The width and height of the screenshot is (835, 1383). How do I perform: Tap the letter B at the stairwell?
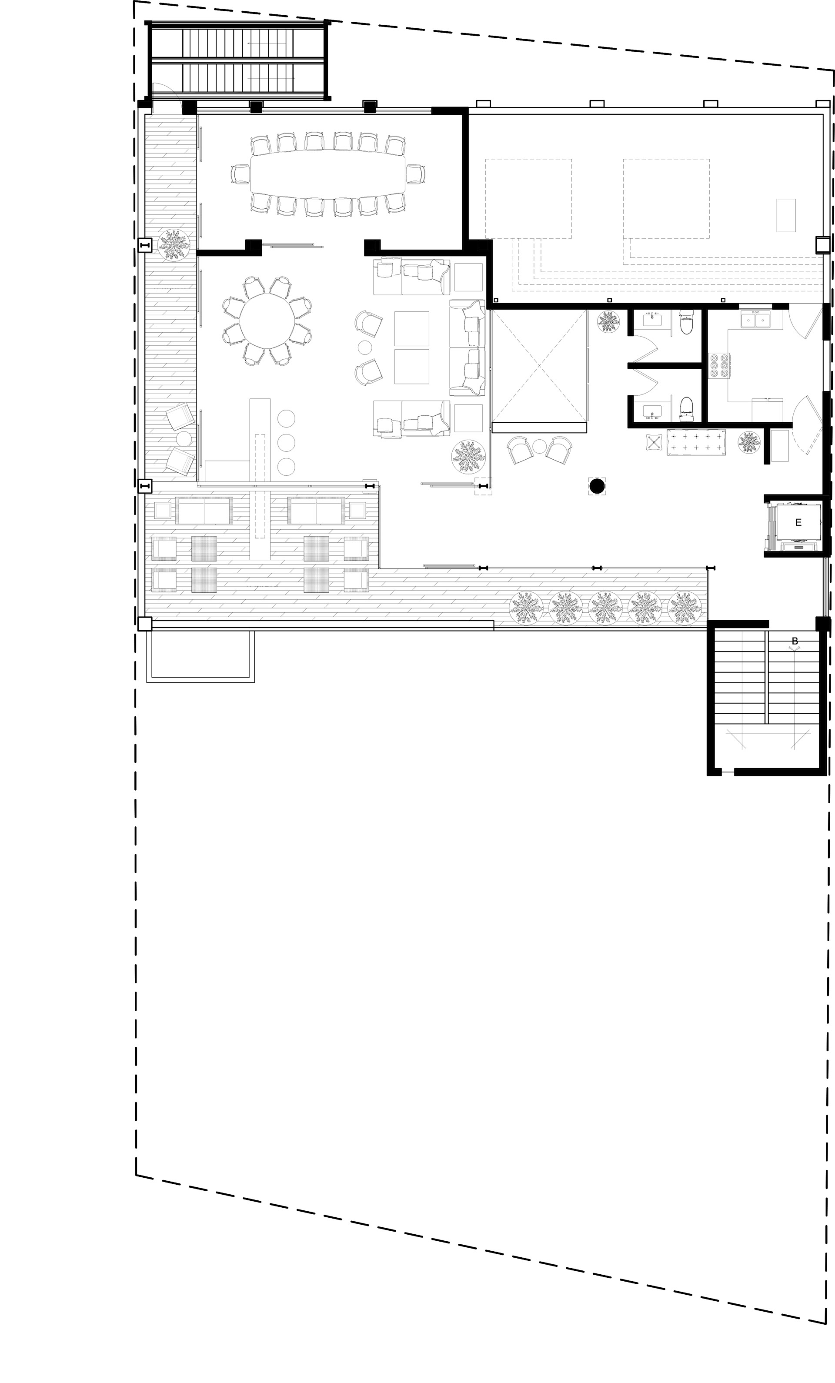click(x=795, y=641)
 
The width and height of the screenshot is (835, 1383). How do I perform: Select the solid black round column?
click(x=597, y=485)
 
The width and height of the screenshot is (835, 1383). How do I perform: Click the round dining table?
click(x=267, y=322)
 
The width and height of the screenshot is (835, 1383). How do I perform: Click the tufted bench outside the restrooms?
click(x=696, y=442)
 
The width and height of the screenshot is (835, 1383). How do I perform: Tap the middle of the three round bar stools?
click(x=286, y=442)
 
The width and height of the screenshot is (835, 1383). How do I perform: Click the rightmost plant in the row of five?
click(x=685, y=608)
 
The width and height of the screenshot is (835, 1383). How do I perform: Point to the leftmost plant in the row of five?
click(x=526, y=608)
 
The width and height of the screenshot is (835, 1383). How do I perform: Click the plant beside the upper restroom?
click(x=609, y=322)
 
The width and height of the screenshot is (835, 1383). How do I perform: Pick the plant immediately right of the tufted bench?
click(x=749, y=442)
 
